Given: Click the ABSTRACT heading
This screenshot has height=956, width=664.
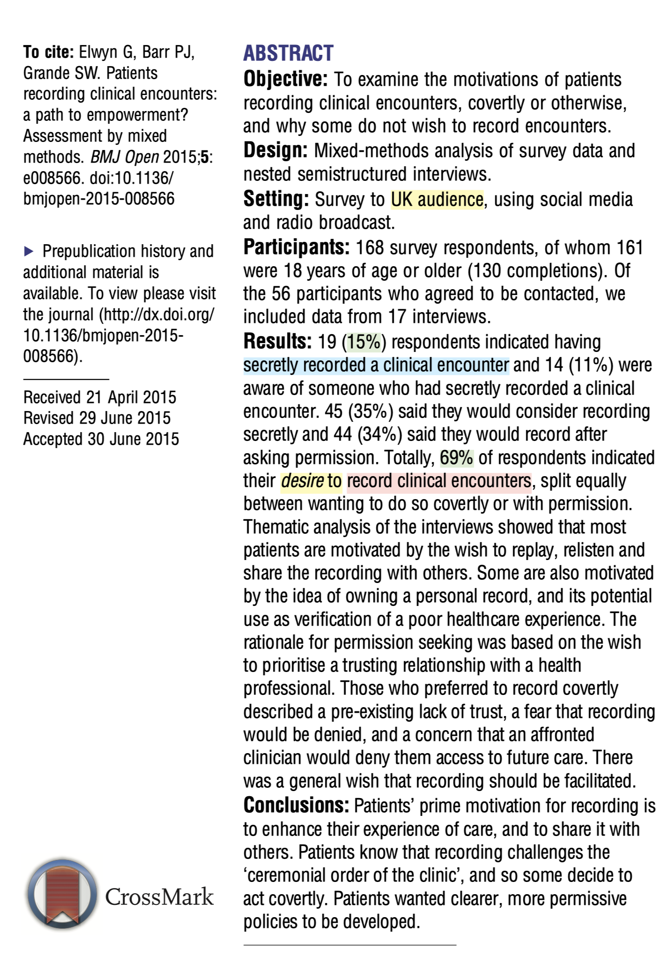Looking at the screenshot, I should click(x=288, y=53).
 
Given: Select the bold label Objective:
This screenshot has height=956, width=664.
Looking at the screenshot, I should click(x=285, y=79).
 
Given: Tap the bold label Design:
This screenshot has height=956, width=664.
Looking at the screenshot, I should click(x=275, y=150).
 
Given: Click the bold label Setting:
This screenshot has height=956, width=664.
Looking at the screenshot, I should click(x=276, y=199).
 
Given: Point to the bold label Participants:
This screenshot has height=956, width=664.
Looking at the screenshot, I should click(x=296, y=247).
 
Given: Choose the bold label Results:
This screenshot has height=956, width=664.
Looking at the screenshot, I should click(x=277, y=342).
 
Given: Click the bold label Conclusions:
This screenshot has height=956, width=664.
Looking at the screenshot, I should click(x=296, y=806).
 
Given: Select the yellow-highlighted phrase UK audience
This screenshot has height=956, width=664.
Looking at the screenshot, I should click(x=437, y=200).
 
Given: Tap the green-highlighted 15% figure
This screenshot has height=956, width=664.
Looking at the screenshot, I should click(x=363, y=342).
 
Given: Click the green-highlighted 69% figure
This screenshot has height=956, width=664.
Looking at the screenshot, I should click(x=457, y=458).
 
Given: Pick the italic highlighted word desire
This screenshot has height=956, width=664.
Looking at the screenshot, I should click(x=302, y=481).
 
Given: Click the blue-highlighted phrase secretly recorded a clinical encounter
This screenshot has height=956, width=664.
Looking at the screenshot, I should click(x=376, y=366).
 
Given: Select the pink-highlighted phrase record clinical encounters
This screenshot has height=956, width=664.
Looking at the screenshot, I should click(x=439, y=481).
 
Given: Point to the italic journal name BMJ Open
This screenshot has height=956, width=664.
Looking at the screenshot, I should click(x=124, y=157).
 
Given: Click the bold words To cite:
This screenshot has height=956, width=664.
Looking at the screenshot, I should click(x=49, y=52).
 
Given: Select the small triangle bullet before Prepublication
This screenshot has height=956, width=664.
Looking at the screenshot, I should click(x=29, y=252).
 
